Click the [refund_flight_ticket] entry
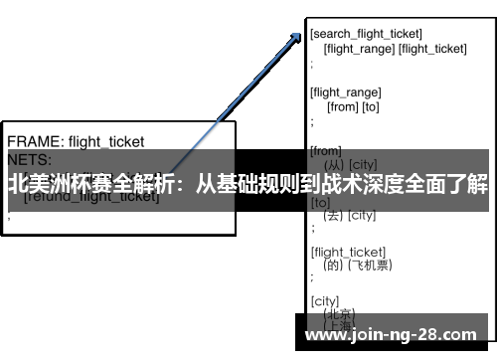91,196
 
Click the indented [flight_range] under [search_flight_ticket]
359,48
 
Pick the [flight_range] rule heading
346,92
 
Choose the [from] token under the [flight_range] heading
341,106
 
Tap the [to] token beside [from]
370,106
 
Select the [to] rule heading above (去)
320,203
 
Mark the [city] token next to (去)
361,216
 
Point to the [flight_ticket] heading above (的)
348,251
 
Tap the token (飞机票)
372,265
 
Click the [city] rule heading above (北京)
324,300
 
